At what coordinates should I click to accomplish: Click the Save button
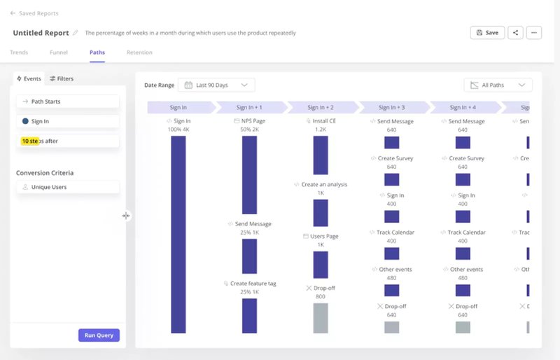pyautogui.click(x=487, y=32)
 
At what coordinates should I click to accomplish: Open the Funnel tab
pyautogui.click(x=59, y=53)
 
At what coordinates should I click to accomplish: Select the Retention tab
pyautogui.click(x=139, y=53)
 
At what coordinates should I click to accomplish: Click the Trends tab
pyautogui.click(x=19, y=53)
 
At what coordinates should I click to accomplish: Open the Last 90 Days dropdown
pyautogui.click(x=216, y=85)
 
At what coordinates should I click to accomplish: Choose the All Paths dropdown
pyautogui.click(x=498, y=85)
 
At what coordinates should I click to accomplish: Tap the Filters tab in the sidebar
pyautogui.click(x=62, y=78)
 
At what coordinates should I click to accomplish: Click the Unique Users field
pyautogui.click(x=68, y=187)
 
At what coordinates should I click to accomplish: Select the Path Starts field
pyautogui.click(x=68, y=102)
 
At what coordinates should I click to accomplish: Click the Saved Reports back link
pyautogui.click(x=34, y=13)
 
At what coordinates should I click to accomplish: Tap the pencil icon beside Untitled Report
pyautogui.click(x=76, y=33)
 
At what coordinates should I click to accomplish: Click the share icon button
pyautogui.click(x=515, y=32)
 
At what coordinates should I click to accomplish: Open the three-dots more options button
pyautogui.click(x=533, y=32)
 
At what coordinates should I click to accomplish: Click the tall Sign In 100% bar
pyautogui.click(x=178, y=234)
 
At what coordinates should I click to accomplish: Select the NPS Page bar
pyautogui.click(x=249, y=174)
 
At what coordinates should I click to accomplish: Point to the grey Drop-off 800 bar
pyautogui.click(x=321, y=317)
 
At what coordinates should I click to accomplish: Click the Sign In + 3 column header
pyautogui.click(x=392, y=107)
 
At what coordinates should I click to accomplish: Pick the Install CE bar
pyautogui.click(x=321, y=155)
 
